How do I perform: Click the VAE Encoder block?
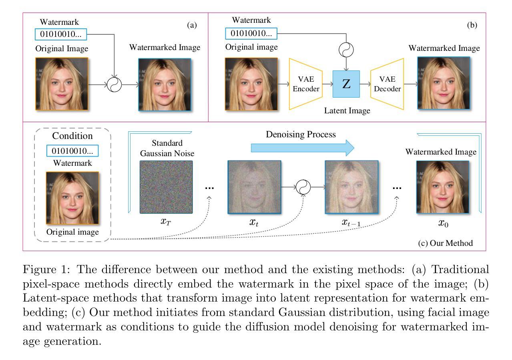pyautogui.click(x=306, y=84)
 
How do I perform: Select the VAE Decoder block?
pyautogui.click(x=387, y=84)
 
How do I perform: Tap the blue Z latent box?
pyautogui.click(x=346, y=84)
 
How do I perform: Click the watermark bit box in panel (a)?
pyautogui.click(x=61, y=34)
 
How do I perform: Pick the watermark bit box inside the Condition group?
pyautogui.click(x=72, y=151)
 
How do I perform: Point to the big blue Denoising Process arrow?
pyautogui.click(x=303, y=148)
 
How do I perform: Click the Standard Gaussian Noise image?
pyautogui.click(x=166, y=187)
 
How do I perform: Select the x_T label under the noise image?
pyautogui.click(x=166, y=222)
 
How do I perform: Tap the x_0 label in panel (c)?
pyautogui.click(x=443, y=223)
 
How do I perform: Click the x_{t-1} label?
pyautogui.click(x=351, y=223)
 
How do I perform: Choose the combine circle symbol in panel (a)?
pyautogui.click(x=114, y=84)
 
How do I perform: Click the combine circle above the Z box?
pyautogui.click(x=346, y=50)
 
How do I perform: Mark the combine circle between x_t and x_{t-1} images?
pyautogui.click(x=303, y=187)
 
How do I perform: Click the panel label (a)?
pyautogui.click(x=192, y=25)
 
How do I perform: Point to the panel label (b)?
pyautogui.click(x=472, y=25)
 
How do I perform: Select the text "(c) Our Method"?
pyautogui.click(x=446, y=243)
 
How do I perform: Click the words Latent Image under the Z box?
pyautogui.click(x=347, y=111)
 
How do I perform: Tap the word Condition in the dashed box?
pyautogui.click(x=72, y=136)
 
